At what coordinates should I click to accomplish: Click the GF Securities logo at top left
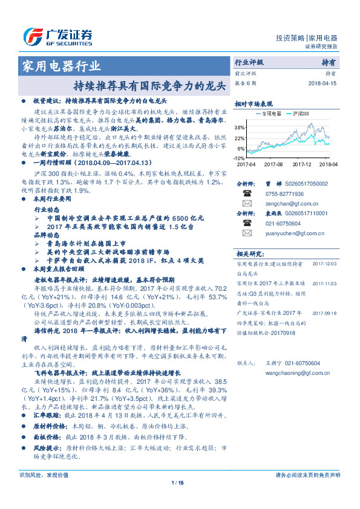[x=57, y=37]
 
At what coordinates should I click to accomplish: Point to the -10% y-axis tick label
[x=238, y=157]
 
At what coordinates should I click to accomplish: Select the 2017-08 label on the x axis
[x=273, y=164]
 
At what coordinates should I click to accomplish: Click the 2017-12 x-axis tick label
[x=301, y=164]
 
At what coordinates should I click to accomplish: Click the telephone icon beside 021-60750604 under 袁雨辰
[x=246, y=223]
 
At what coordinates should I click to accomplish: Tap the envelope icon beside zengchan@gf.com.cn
[x=246, y=204]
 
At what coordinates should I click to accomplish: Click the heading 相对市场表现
[x=254, y=103]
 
